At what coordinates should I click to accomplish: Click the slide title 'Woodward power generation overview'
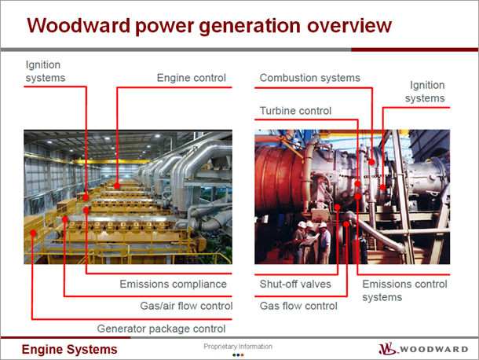click(x=209, y=26)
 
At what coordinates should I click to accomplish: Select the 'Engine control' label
click(x=192, y=78)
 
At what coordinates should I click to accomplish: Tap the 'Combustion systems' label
click(x=309, y=78)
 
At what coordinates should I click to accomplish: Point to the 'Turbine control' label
click(x=295, y=110)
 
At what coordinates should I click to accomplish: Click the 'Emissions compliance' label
click(x=174, y=284)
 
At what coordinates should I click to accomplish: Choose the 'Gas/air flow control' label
click(x=186, y=306)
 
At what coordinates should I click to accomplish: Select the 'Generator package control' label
click(x=161, y=329)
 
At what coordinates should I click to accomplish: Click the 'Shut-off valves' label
click(x=295, y=284)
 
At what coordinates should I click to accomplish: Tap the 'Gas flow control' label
click(x=298, y=306)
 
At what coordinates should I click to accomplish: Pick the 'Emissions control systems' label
click(x=404, y=291)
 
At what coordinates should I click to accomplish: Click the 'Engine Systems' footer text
click(x=69, y=349)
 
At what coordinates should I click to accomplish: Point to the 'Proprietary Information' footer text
click(x=238, y=347)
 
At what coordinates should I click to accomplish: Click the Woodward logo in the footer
click(x=423, y=349)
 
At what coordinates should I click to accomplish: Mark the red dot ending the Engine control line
click(x=117, y=186)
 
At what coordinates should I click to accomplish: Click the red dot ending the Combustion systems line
click(x=371, y=162)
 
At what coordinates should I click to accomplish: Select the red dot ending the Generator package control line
click(x=33, y=233)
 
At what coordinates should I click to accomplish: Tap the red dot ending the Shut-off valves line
click(x=337, y=208)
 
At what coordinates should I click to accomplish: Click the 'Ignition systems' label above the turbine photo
click(x=425, y=91)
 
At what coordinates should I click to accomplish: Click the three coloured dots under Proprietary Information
click(x=238, y=355)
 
